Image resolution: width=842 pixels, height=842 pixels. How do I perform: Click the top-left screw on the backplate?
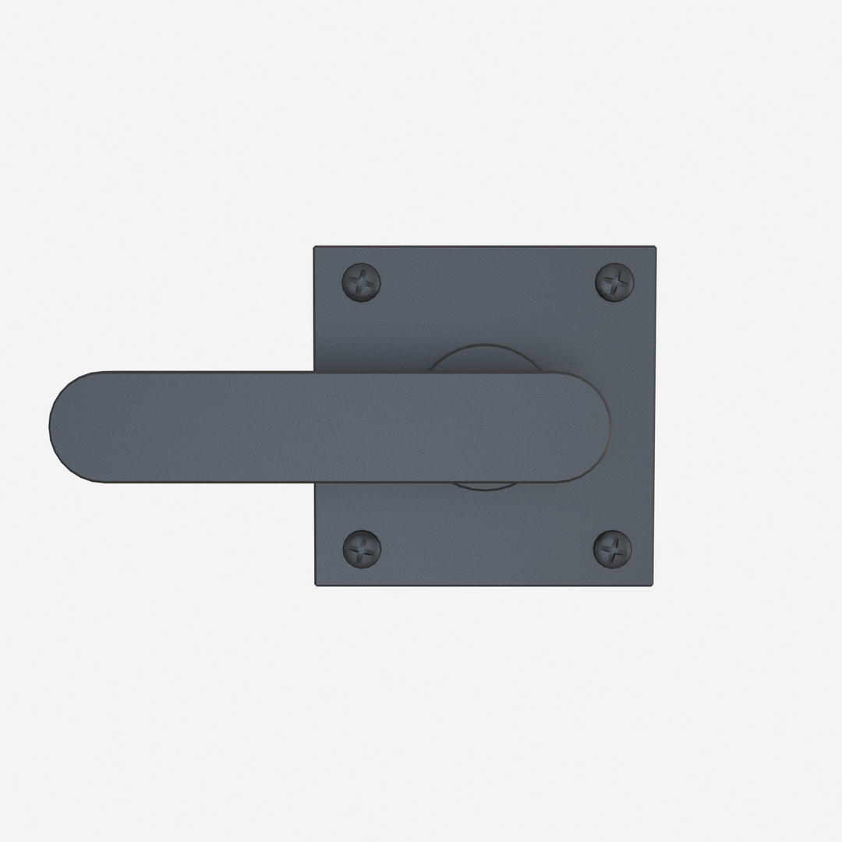click(x=362, y=281)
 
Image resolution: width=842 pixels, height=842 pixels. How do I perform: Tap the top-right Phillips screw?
click(x=614, y=281)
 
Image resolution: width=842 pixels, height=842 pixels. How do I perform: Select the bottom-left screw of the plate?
click(x=362, y=548)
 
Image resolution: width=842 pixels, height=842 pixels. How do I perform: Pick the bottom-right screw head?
click(x=613, y=548)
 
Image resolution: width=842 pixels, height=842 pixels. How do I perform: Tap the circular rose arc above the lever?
click(x=483, y=359)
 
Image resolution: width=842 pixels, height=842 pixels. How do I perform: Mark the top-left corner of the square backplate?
click(x=316, y=249)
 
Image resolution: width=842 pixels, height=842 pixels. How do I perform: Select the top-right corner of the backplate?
click(x=653, y=249)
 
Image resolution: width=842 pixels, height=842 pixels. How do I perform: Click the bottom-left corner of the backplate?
click(x=317, y=584)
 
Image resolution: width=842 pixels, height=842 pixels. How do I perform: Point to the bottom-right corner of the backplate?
click(x=652, y=584)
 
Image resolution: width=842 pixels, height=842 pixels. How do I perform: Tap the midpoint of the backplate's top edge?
click(x=484, y=248)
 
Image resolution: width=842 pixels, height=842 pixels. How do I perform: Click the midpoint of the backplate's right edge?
click(x=653, y=416)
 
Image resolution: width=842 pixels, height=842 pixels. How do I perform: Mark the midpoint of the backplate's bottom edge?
click(x=484, y=585)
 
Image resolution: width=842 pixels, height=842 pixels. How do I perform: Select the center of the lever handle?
click(x=329, y=426)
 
